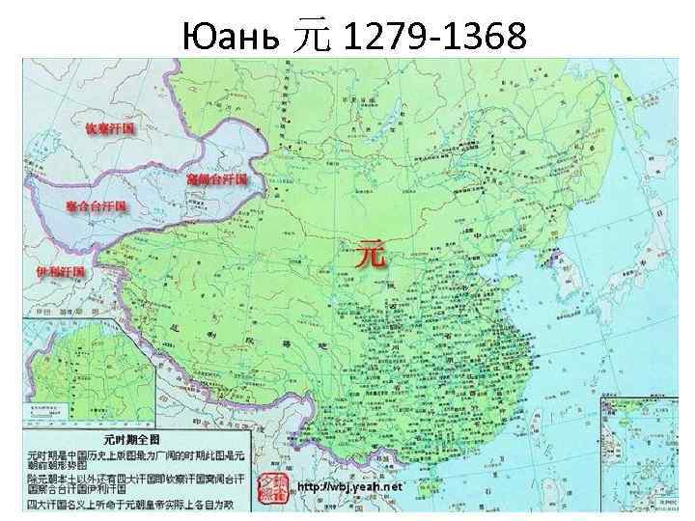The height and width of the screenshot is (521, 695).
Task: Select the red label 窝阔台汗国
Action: coord(216,180)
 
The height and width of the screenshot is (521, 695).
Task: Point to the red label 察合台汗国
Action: coord(97,206)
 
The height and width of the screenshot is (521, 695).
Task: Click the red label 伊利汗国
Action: coord(60,271)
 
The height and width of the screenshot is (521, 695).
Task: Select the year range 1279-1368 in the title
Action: coord(434,38)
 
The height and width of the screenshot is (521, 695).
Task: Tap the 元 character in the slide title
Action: coord(311,39)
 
